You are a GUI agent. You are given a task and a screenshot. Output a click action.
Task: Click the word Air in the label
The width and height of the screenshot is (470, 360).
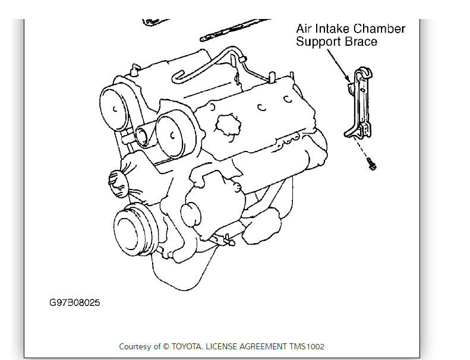(304, 29)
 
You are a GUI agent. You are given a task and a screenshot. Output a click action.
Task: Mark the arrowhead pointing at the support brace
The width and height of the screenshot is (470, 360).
(348, 79)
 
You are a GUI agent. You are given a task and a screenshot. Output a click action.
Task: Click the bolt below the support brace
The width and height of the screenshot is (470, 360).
(371, 163)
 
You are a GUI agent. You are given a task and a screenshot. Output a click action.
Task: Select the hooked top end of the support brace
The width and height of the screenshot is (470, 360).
(364, 74)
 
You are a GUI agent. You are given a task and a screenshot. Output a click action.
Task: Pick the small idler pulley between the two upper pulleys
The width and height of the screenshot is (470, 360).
(143, 136)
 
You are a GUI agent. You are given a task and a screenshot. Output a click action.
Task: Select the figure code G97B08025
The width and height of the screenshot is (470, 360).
(75, 303)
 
